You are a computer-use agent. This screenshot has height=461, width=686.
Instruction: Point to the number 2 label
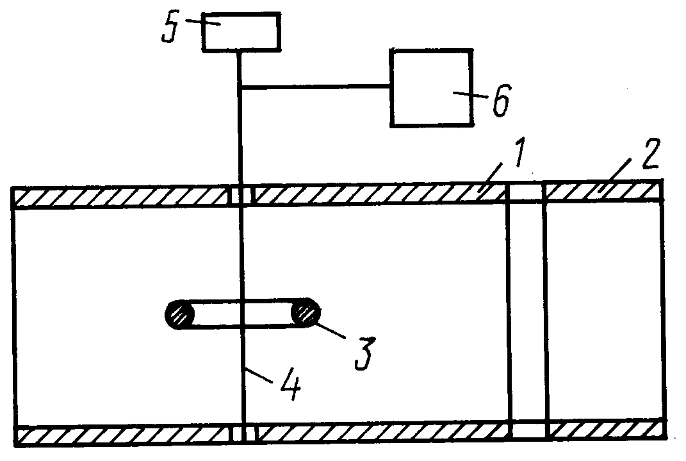651,154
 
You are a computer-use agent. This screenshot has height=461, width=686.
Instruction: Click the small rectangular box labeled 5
241,32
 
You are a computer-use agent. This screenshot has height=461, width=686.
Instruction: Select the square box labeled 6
431,88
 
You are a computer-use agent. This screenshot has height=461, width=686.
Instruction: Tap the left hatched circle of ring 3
180,315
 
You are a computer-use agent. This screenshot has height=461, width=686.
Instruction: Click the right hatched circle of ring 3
307,313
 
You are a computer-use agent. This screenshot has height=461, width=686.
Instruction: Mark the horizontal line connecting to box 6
315,87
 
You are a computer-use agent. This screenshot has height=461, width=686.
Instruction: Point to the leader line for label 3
331,331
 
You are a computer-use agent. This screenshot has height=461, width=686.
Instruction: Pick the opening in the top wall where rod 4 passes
242,196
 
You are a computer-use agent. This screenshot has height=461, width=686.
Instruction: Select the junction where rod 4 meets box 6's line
240,87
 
